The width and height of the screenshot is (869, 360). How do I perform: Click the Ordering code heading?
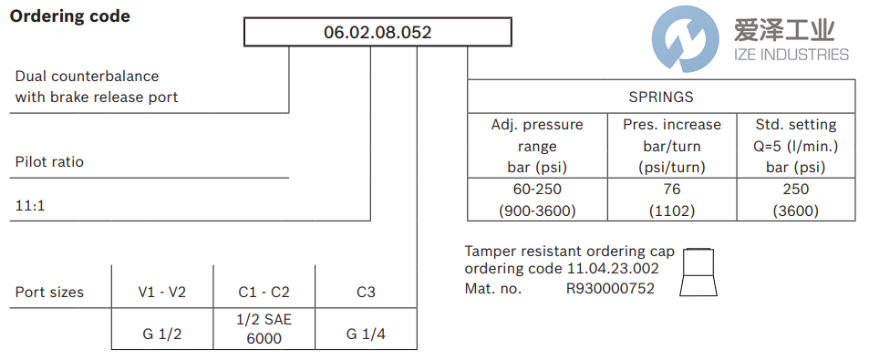[70, 16]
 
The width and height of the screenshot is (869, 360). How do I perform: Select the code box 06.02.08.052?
[378, 33]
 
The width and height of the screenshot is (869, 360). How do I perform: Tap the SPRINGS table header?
[661, 96]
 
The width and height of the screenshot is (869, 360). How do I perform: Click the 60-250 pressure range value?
[537, 189]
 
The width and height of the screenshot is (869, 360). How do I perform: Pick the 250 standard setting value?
[796, 189]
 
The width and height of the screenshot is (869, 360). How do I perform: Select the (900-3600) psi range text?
[537, 210]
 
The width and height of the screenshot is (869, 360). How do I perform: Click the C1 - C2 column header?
[264, 293]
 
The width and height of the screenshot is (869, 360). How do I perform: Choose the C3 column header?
[366, 293]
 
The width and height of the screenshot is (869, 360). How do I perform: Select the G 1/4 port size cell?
[366, 334]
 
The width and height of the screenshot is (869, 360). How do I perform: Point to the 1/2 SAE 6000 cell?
[264, 330]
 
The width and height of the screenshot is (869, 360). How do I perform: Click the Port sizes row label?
[49, 293]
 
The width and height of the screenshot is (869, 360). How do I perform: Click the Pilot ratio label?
[49, 162]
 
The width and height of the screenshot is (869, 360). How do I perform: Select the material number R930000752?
[610, 288]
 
